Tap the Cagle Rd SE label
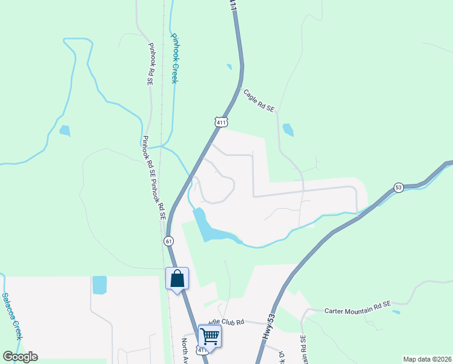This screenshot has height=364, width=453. click(259, 101)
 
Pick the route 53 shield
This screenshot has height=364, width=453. click(398, 187)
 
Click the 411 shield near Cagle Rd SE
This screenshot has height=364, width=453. click(221, 121)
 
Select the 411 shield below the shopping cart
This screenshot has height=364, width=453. click(202, 350)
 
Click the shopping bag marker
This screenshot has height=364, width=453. click(177, 279)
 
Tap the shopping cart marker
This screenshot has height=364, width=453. click(210, 335)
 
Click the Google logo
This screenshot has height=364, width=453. click(20, 357)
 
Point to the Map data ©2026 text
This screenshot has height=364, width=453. click(428, 359)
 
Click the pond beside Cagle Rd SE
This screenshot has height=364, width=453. click(288, 130)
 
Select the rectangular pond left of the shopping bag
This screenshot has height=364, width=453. click(99, 285)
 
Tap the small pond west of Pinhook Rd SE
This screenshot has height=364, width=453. click(64, 130)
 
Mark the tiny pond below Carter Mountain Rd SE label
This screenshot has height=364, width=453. click(396, 312)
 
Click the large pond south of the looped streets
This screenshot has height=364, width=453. click(209, 227)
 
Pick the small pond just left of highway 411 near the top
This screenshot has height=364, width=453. click(229, 67)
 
